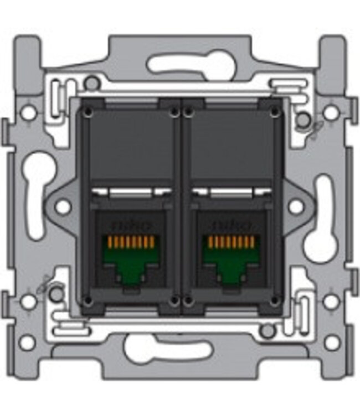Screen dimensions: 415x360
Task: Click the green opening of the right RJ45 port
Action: (229, 260)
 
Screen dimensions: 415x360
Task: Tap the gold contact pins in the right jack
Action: (229, 242)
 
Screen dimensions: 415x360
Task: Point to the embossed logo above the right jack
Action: (229, 226)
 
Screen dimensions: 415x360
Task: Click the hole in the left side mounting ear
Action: (63, 207)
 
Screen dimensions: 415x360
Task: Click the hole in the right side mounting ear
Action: (296, 207)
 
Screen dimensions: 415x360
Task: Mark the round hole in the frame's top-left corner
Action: (28, 112)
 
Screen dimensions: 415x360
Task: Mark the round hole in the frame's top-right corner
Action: (331, 112)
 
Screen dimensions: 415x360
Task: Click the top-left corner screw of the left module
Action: (87, 112)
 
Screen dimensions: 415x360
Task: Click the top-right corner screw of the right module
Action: (274, 112)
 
